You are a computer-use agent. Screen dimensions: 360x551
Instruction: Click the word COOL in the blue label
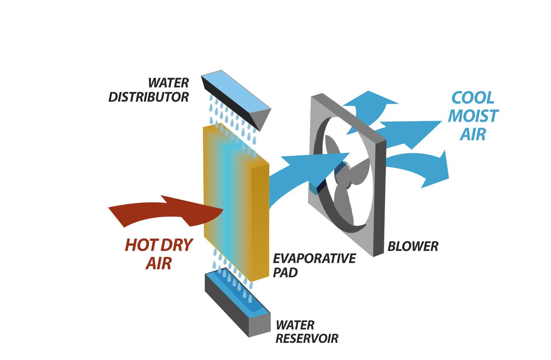tap(473, 98)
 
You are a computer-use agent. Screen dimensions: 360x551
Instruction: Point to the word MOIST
tap(473, 116)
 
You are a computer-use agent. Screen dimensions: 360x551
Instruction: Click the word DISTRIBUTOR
tap(148, 97)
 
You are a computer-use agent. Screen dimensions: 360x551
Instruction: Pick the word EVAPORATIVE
tap(314, 258)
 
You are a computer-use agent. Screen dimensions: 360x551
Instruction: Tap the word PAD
tap(285, 273)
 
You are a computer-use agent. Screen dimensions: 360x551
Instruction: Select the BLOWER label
tap(413, 246)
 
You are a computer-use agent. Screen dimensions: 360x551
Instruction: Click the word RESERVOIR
tap(306, 338)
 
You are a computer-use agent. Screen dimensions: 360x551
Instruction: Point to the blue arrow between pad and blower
tap(297, 172)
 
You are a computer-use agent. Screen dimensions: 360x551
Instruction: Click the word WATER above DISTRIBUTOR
tap(169, 82)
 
